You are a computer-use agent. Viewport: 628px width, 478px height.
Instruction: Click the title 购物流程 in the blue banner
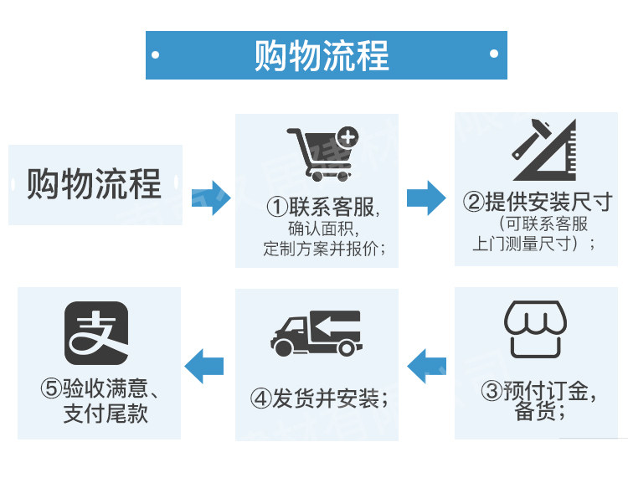(322, 55)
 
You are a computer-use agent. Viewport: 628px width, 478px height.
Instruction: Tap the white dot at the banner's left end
(156, 54)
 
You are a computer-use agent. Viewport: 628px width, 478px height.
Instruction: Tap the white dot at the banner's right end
(495, 54)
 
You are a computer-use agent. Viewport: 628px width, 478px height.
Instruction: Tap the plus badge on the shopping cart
(346, 136)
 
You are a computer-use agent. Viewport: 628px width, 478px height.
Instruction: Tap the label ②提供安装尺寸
(538, 203)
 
